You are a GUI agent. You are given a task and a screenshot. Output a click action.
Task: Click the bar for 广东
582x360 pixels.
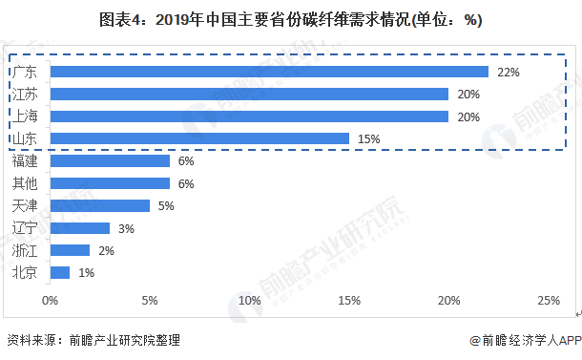[269, 72]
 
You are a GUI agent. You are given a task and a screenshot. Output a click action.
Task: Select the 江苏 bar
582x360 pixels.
[249, 94]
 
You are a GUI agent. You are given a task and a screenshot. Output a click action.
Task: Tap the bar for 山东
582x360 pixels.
[199, 138]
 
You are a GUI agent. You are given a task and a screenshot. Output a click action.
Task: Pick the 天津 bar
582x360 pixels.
[100, 206]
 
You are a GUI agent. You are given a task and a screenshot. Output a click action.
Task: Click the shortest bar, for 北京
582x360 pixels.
[60, 273]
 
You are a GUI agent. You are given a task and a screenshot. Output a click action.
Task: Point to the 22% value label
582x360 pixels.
[509, 72]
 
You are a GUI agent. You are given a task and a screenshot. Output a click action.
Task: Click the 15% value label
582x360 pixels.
[369, 139]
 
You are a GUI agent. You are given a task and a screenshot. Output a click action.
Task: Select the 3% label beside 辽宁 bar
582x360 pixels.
[126, 228]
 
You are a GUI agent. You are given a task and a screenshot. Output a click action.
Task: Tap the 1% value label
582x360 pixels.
[87, 273]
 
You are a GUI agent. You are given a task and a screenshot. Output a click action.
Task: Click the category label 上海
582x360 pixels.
[25, 116]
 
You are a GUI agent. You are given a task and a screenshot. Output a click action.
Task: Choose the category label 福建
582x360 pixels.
[25, 160]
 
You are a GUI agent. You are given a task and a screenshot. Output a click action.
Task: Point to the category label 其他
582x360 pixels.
[25, 183]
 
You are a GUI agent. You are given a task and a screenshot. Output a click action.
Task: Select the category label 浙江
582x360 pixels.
[25, 251]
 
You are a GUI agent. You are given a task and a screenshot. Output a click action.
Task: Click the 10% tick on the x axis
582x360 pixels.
[249, 300]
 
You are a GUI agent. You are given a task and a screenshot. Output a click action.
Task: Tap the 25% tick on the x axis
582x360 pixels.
[549, 300]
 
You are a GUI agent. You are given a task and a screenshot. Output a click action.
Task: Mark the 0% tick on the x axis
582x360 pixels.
[51, 300]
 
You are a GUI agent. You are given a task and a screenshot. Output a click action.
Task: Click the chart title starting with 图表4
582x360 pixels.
[291, 20]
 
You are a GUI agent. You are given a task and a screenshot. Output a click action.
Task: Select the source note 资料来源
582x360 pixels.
[94, 340]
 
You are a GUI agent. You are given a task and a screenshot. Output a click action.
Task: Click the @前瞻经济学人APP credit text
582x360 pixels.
[525, 340]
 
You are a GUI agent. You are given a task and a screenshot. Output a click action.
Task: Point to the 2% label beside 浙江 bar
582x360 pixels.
[107, 251]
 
